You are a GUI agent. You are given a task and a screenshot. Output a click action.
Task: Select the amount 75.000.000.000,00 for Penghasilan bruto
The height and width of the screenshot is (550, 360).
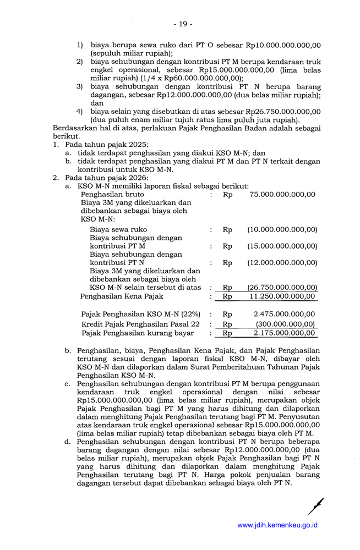click(x=282, y=194)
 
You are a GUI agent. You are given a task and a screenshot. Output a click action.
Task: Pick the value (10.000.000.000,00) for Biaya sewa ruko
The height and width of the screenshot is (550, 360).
click(x=282, y=229)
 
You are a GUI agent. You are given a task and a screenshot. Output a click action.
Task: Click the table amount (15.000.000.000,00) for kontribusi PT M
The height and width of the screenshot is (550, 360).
click(x=282, y=246)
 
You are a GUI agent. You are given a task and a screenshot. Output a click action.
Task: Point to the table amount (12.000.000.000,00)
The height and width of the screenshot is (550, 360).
click(x=282, y=263)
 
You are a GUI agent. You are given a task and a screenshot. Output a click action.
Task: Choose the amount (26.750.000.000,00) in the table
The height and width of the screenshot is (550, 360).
click(x=282, y=287)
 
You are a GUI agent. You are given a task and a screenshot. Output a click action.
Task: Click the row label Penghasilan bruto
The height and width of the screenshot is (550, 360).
click(x=112, y=194)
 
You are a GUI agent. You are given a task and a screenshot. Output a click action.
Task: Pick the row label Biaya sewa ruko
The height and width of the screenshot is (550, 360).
click(x=118, y=229)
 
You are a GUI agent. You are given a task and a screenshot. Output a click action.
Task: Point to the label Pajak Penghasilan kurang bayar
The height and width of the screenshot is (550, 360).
click(x=138, y=333)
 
